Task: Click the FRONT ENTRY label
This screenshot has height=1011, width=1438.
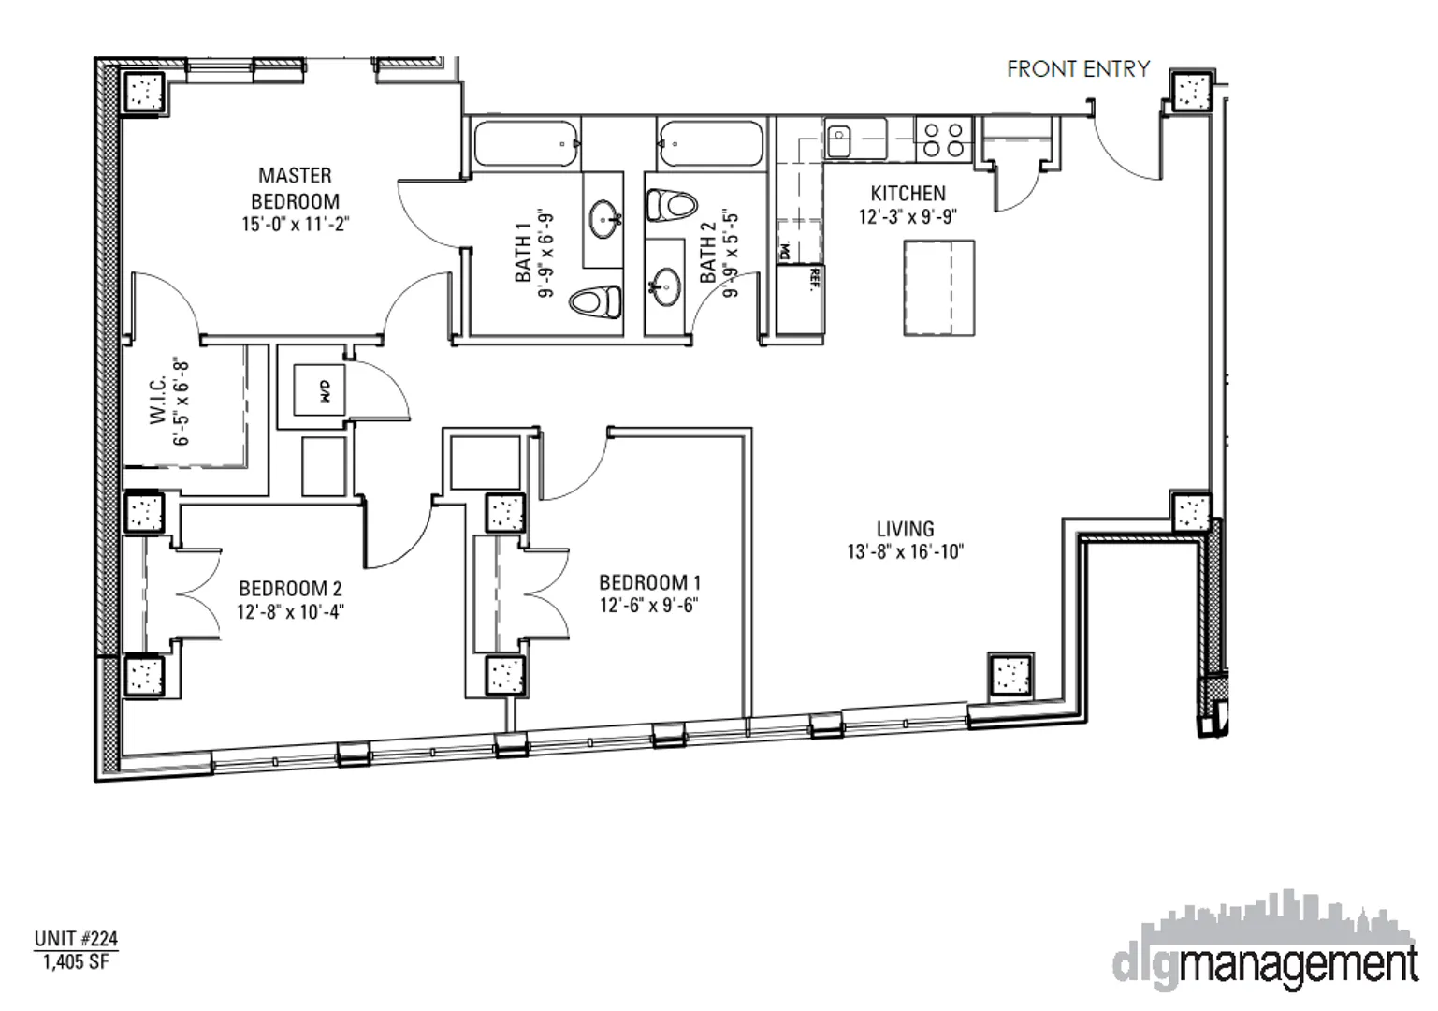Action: [x=1078, y=69]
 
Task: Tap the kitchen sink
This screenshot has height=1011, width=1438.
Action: [x=839, y=140]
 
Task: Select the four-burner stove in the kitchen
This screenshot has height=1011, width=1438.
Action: [x=943, y=139]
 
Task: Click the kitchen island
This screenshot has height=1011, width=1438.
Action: [x=938, y=287]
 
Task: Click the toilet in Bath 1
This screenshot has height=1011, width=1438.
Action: [x=596, y=301]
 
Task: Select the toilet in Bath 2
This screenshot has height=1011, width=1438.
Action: [x=673, y=203]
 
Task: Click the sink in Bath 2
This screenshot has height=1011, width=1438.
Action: [x=666, y=285]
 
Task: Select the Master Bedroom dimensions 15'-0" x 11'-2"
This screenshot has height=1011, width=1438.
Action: [x=295, y=225]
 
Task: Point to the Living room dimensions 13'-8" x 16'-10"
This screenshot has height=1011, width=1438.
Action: [x=905, y=552]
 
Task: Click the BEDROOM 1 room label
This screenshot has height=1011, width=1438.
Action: [x=649, y=582]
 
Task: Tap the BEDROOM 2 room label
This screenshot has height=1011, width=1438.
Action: [x=290, y=589]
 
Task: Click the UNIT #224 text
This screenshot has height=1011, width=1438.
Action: [x=76, y=938]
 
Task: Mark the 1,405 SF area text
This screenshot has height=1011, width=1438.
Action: [x=76, y=961]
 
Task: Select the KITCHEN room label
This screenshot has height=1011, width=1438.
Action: [x=908, y=194]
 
